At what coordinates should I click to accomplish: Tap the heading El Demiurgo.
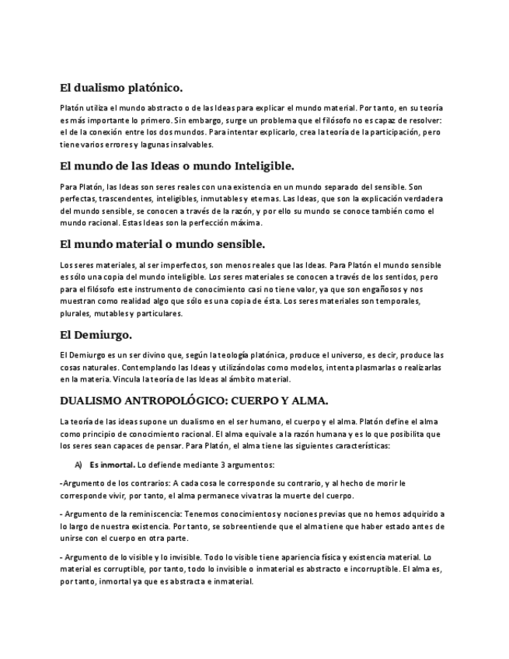point(96,336)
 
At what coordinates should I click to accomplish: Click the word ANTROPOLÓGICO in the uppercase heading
point(185,401)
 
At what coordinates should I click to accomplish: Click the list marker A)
point(78,465)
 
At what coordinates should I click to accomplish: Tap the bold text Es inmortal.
point(112,465)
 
